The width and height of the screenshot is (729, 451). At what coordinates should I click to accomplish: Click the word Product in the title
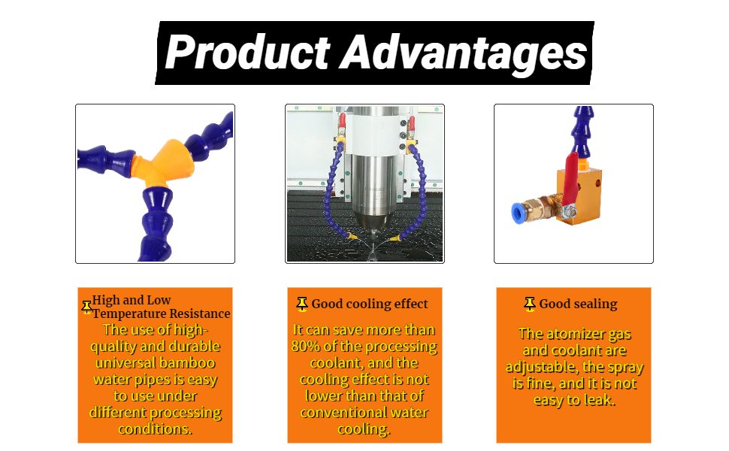coord(247,52)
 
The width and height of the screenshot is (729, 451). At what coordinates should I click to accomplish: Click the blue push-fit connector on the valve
coord(518,213)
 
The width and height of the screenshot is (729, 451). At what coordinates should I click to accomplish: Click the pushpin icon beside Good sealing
coord(530,304)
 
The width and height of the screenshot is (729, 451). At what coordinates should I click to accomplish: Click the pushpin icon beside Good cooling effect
coord(302,304)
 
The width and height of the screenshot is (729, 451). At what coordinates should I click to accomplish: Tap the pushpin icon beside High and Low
coord(86,307)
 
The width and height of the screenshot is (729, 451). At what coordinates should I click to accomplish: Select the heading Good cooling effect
coord(370,304)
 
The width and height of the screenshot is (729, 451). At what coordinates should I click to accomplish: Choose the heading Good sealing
coord(579,304)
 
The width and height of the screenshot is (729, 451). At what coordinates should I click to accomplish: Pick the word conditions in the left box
coord(155,428)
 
